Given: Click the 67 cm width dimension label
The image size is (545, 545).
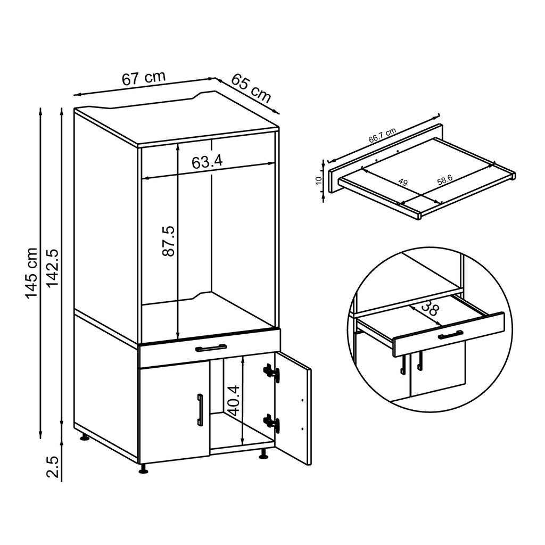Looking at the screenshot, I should [x=144, y=78].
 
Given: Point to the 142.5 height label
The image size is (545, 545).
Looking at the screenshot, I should [x=52, y=269].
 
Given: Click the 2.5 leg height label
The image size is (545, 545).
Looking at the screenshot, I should [x=52, y=465].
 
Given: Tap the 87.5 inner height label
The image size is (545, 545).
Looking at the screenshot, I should [x=168, y=241].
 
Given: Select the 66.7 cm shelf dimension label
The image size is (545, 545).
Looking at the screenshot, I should [x=382, y=136].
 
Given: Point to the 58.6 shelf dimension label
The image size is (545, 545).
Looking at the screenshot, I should [x=444, y=180].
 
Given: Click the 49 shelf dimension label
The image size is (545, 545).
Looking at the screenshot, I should [x=403, y=183].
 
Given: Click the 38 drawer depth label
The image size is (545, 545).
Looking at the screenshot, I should [x=430, y=309].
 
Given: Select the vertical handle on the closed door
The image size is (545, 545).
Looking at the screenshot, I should [x=200, y=410].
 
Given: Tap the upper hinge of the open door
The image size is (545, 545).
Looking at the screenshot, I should [x=271, y=371].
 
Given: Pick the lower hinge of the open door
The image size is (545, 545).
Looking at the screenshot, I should [x=271, y=423].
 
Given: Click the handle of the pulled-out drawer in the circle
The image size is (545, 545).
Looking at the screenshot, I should [x=450, y=334].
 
